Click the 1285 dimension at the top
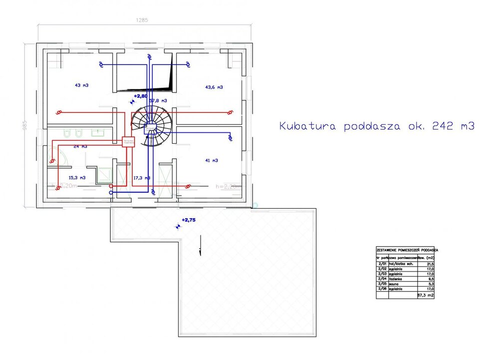click(143, 20)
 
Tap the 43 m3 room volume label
click(81, 85)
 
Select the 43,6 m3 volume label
click(214, 87)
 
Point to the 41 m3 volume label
click(211, 160)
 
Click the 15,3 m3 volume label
click(77, 178)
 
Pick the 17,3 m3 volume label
click(142, 178)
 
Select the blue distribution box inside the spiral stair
click(149, 129)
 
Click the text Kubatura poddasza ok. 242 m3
click(376, 126)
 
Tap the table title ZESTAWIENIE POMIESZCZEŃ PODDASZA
click(407, 250)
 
